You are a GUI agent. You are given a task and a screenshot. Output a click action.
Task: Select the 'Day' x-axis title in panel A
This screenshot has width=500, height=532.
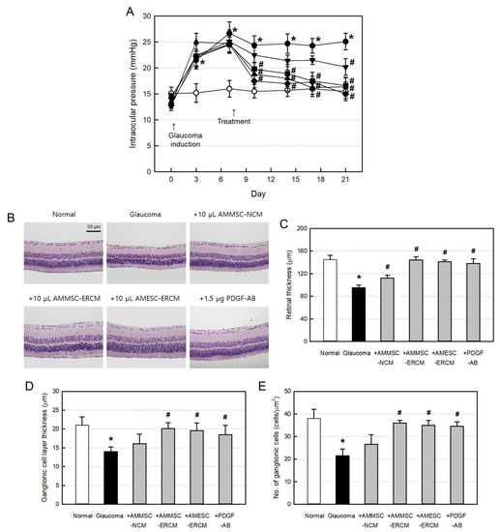point(258,192)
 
